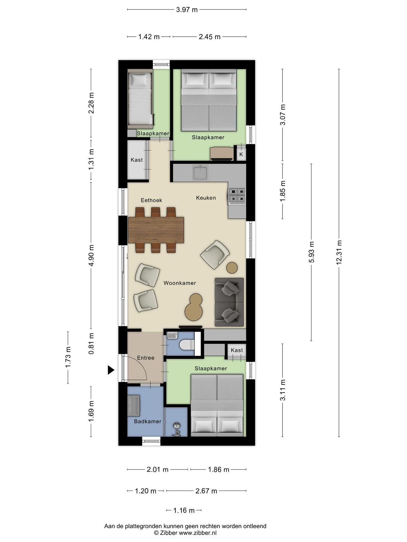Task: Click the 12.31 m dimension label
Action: tap(338, 252)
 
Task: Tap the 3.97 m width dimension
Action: tap(187, 9)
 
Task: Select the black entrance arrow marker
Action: tap(111, 370)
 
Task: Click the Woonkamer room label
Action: tap(180, 283)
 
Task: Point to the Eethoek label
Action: tap(152, 200)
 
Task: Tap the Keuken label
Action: tap(206, 197)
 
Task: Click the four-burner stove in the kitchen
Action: tap(237, 196)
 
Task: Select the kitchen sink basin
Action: tap(200, 173)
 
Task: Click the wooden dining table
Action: tap(156, 230)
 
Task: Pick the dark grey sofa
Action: tap(229, 302)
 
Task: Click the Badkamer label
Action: tap(148, 421)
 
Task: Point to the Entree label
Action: tap(146, 358)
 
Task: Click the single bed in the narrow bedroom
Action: tap(140, 99)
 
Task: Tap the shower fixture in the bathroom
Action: tap(176, 430)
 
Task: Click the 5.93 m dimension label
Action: tap(311, 252)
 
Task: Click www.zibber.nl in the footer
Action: tap(198, 533)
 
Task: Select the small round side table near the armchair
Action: tap(232, 268)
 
